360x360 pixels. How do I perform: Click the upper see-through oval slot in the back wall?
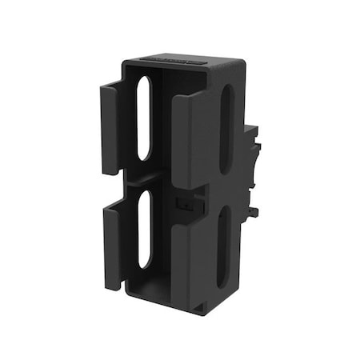tap(144, 118)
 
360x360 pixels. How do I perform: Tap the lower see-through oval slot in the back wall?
tap(145, 228)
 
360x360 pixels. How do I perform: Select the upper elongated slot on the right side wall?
tap(226, 128)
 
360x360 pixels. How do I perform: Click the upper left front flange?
tap(110, 128)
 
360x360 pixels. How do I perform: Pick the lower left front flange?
tap(112, 244)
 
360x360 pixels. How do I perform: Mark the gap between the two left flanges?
tap(111, 188)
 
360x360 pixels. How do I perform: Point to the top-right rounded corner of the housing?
tap(238, 63)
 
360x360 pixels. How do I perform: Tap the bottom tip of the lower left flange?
tap(113, 286)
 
